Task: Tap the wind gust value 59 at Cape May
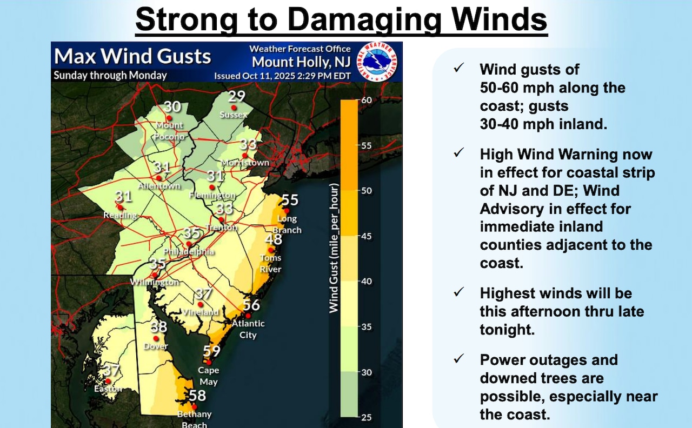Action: pyautogui.click(x=212, y=352)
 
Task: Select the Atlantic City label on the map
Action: pyautogui.click(x=248, y=329)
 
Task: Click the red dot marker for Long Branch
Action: pyautogui.click(x=287, y=211)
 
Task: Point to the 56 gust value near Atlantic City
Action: pyautogui.click(x=251, y=305)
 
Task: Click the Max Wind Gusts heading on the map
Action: pyautogui.click(x=132, y=56)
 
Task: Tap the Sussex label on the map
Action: pyautogui.click(x=234, y=115)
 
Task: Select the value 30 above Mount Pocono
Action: pyautogui.click(x=172, y=106)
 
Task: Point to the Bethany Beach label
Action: pyautogui.click(x=194, y=419)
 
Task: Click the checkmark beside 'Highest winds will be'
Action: pyautogui.click(x=459, y=292)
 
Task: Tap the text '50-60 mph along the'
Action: pyautogui.click(x=553, y=88)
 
